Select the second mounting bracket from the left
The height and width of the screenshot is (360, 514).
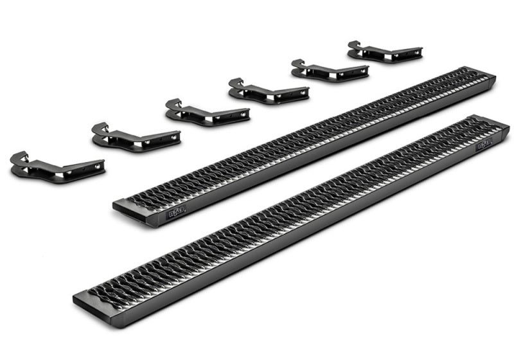pyautogui.click(x=136, y=137)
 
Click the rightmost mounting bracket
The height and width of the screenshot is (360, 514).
pyautogui.click(x=384, y=51)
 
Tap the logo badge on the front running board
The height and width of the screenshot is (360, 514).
pyautogui.click(x=484, y=145)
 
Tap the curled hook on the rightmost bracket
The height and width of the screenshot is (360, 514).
pyautogui.click(x=353, y=46)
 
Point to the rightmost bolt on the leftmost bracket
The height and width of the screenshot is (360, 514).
pyautogui.click(x=98, y=166)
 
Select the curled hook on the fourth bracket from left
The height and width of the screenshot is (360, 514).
pyautogui.click(x=235, y=82)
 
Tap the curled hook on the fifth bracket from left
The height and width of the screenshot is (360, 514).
pyautogui.click(x=297, y=63)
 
